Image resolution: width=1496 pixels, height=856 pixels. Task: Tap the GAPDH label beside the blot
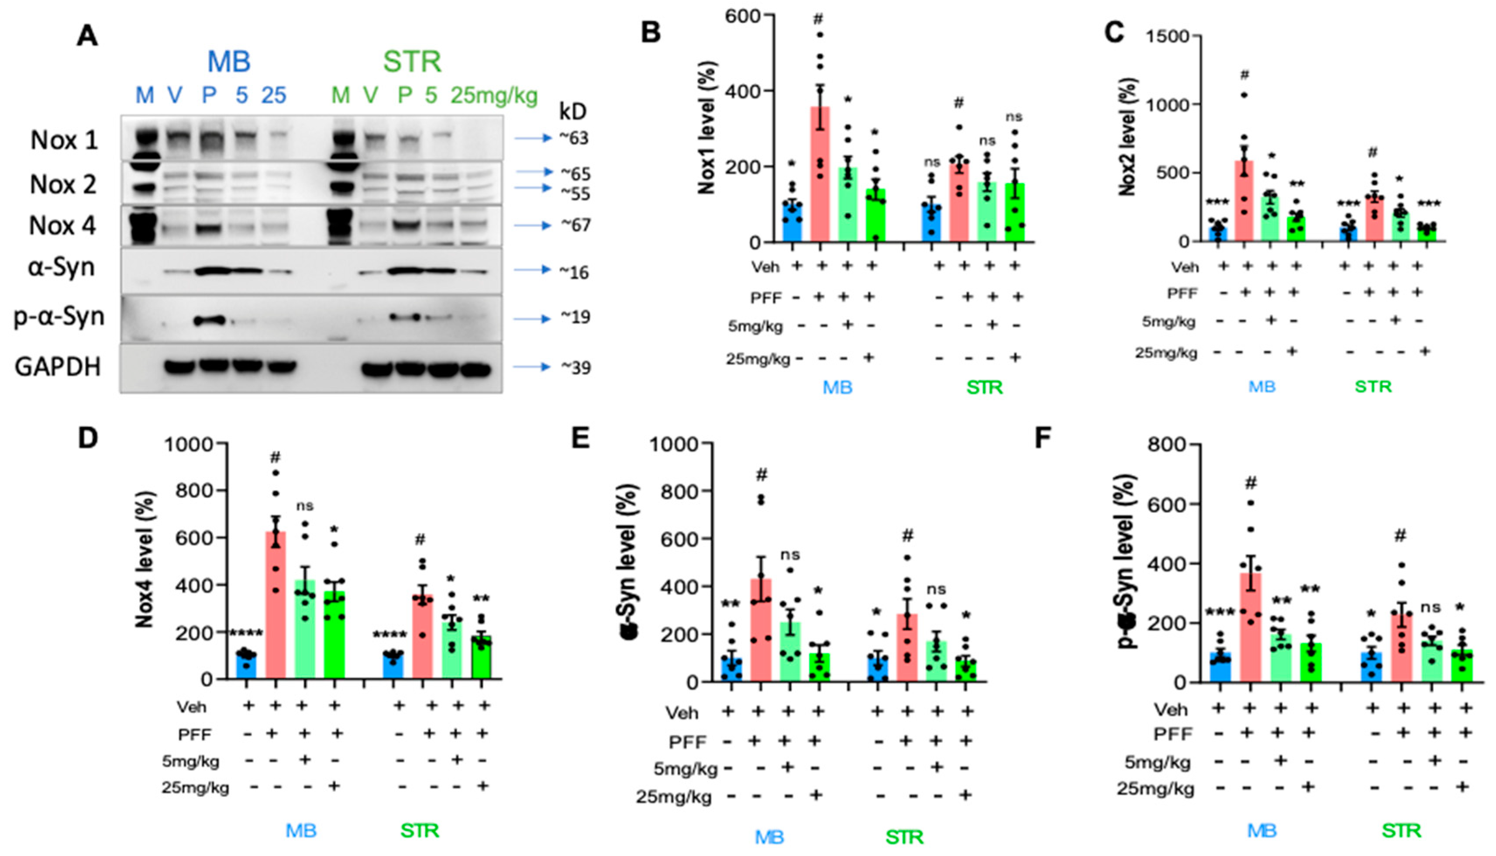click(58, 367)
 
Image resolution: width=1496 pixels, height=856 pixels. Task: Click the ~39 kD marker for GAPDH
click(574, 367)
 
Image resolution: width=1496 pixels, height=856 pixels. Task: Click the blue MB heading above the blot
click(229, 62)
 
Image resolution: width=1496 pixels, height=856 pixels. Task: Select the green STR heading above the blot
click(411, 62)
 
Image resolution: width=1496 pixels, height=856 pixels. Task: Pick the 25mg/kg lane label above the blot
click(494, 95)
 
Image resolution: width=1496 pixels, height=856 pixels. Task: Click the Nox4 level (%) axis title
click(144, 559)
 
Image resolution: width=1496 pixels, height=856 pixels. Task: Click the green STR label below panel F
click(1401, 831)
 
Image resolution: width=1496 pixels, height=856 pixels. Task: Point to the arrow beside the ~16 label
click(532, 270)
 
